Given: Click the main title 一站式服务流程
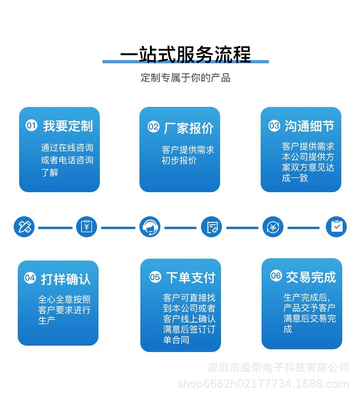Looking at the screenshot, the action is (185, 55).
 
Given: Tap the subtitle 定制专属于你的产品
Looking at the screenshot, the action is (185, 78).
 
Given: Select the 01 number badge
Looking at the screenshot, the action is (31, 125).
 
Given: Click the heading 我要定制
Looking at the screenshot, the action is (68, 126).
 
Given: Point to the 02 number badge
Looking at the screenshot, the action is (154, 127).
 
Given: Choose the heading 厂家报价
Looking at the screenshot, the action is (189, 128).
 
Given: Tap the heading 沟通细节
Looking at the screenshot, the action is (309, 126).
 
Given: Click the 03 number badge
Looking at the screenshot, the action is (274, 126).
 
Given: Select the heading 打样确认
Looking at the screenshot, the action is (66, 279).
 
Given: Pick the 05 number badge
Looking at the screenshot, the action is (155, 277).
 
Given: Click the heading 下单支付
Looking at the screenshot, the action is (191, 277).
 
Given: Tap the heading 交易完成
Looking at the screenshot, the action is (311, 277).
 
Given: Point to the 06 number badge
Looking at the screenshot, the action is (276, 276).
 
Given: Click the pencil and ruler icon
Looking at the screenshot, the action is (24, 227).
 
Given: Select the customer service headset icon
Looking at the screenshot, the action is (150, 227).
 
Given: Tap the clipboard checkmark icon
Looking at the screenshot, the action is (336, 227).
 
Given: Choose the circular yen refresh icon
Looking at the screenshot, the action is (273, 227).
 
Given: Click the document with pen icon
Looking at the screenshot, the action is (211, 227).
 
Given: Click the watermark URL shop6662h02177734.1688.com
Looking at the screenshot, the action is (263, 384).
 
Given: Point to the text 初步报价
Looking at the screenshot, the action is (179, 160).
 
